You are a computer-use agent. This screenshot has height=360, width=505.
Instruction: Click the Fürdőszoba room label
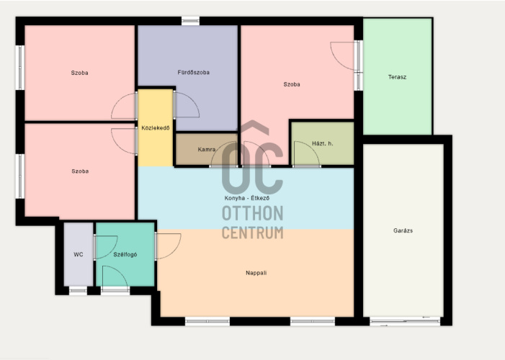pos(194,73)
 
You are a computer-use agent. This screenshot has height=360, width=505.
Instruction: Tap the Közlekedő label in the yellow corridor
pos(156,128)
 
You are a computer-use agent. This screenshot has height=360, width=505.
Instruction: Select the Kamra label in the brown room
pos(207,150)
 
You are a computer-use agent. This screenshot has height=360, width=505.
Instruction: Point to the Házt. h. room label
pos(323,143)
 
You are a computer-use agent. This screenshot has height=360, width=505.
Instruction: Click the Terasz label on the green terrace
pos(397,77)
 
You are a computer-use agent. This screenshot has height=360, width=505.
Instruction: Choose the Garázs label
pos(403,230)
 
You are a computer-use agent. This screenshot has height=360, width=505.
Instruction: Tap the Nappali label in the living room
pos(256,273)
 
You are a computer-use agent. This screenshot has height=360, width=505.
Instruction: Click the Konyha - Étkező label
pos(247,198)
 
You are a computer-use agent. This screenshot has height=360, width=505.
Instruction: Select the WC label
pos(79,255)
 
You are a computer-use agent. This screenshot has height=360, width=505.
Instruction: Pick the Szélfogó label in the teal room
pos(125,255)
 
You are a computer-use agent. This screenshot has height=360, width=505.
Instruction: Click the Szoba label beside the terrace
pos(292,84)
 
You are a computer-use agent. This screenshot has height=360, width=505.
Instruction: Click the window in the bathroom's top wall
pos(190,22)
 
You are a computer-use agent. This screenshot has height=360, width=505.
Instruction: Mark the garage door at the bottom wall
pos(405,320)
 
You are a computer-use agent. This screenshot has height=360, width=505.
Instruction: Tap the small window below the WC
pos(78,291)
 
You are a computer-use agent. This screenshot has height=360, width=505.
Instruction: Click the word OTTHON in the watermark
pos(253,214)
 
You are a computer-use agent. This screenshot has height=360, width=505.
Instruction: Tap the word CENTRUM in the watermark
pos(253,233)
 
